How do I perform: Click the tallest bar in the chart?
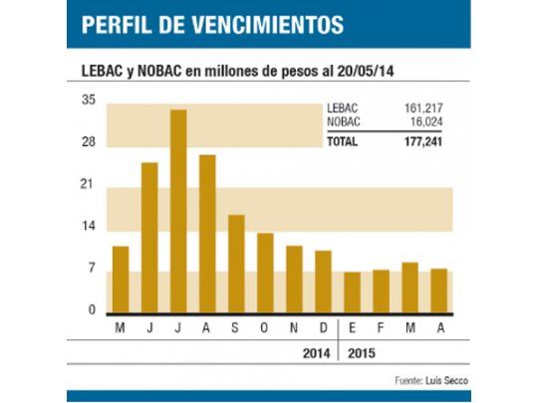178,211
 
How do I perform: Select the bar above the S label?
236,263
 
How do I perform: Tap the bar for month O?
265,272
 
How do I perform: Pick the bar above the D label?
323,281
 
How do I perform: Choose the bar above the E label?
352,292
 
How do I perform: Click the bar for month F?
381,291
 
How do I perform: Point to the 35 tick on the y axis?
89,101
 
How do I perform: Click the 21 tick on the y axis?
89,185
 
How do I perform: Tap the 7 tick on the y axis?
91,269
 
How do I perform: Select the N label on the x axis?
294,329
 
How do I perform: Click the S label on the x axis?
236,329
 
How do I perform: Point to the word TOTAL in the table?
343,141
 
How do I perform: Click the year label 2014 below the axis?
317,352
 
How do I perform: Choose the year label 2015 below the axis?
362,352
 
